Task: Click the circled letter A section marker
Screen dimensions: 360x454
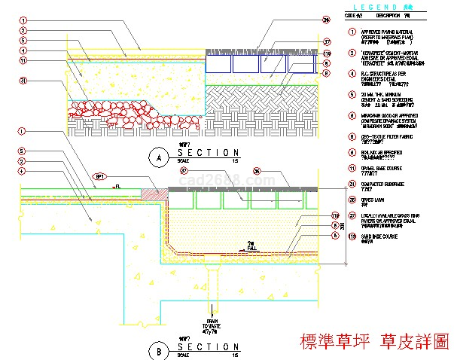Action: [x=157, y=157]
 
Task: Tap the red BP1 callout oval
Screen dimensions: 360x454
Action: [x=99, y=177]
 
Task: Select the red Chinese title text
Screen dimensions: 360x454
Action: [x=373, y=340]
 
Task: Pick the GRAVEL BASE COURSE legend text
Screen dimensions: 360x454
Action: [x=382, y=169]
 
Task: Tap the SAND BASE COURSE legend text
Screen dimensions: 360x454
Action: [x=381, y=236]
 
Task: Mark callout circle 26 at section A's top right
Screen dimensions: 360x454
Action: [x=326, y=20]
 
